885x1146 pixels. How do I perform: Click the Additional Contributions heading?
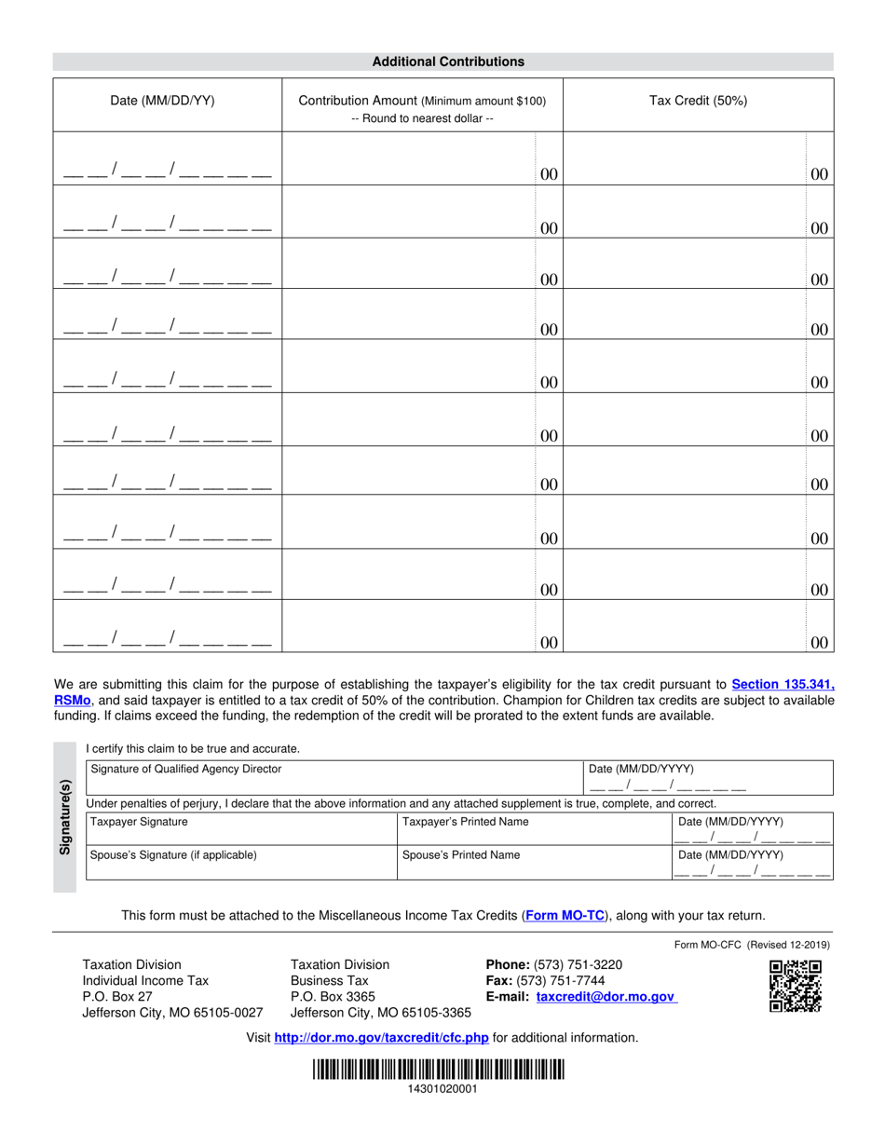click(448, 61)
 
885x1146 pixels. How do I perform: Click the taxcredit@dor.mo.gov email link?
click(606, 997)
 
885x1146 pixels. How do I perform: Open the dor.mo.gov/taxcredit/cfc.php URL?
click(382, 1038)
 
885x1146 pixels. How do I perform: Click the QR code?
click(795, 986)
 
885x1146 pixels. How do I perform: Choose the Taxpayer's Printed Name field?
click(533, 830)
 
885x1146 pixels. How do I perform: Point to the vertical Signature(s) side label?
click(65, 817)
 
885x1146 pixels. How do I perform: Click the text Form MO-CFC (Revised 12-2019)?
click(752, 945)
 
